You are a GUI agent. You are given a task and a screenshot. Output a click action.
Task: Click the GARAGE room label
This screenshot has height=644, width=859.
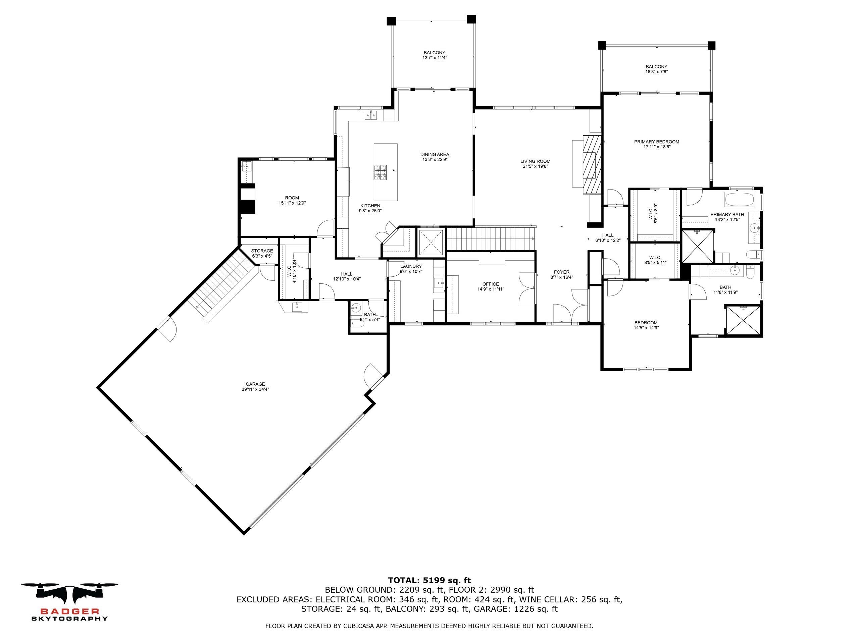[x=255, y=384]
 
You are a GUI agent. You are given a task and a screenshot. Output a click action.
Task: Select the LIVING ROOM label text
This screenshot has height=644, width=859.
[x=536, y=161]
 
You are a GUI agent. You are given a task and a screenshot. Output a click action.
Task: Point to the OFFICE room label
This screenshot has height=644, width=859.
[x=491, y=284]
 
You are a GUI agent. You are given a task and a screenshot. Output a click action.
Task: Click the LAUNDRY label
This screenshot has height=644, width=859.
[x=411, y=266]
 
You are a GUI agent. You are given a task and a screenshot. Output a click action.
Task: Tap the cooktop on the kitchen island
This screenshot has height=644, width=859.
[x=381, y=172]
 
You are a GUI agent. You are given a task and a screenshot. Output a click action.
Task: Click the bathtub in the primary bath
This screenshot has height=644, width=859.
[x=739, y=200]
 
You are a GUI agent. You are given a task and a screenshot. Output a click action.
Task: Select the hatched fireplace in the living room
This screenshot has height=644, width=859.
[x=592, y=164]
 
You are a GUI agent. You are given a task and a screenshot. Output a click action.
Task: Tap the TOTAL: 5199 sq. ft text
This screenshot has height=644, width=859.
[x=429, y=581]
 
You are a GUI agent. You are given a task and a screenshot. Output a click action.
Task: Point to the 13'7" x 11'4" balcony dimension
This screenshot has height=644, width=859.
[x=435, y=58]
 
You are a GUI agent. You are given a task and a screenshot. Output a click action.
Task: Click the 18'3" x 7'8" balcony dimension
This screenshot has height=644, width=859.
[x=657, y=72]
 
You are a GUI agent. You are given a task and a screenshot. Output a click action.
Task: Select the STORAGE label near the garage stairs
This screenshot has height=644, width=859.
[x=262, y=251]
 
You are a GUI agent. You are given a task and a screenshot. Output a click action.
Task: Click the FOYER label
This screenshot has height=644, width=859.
[x=561, y=272]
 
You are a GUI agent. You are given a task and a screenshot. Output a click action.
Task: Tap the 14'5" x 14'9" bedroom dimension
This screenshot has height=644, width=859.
[x=646, y=328]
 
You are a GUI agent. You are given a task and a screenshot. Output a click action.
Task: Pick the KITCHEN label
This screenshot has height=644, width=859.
[x=370, y=206]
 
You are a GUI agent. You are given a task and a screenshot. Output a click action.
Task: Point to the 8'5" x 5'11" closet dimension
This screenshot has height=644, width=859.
[x=655, y=262]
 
